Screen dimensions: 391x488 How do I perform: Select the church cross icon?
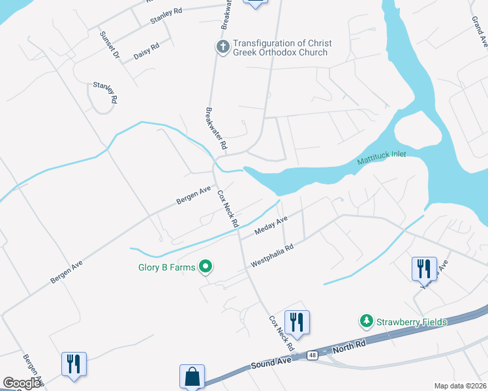pos(222,48)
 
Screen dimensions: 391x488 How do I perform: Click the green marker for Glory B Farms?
pos(206,266)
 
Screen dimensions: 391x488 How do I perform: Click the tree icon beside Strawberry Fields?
pos(366,321)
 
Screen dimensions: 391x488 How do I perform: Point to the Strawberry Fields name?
pos(411,322)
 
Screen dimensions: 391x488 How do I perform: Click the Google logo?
pos(22,383)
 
